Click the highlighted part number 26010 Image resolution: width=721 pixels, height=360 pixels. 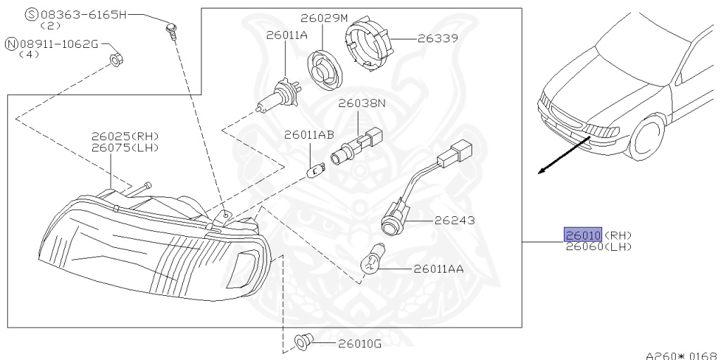tap(582, 235)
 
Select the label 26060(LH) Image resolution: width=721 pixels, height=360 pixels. tap(598, 247)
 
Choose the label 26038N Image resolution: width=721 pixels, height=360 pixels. tap(362, 103)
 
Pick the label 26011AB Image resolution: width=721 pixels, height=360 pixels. tap(308, 135)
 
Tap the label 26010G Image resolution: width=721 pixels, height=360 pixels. tap(359, 344)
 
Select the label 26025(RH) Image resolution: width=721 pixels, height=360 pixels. tap(125, 136)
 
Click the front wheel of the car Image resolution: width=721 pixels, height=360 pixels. tap(647, 137)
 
